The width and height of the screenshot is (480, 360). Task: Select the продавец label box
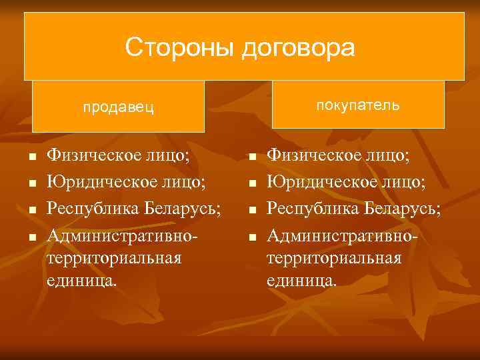[x=118, y=107]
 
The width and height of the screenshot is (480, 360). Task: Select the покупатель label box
[x=358, y=105]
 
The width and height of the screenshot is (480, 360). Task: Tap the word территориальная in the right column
[x=334, y=258]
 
